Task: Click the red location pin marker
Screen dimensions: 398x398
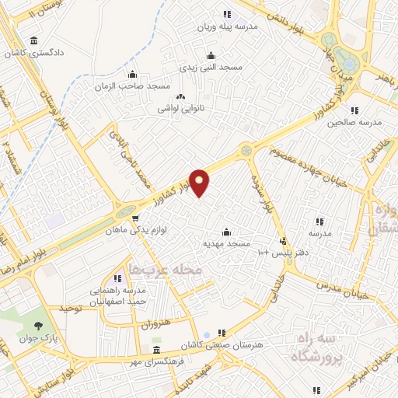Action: click(x=200, y=183)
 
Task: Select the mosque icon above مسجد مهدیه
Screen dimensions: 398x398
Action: click(x=226, y=232)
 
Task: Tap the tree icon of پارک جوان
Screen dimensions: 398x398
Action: click(x=39, y=324)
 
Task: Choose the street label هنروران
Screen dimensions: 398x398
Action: click(x=155, y=323)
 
